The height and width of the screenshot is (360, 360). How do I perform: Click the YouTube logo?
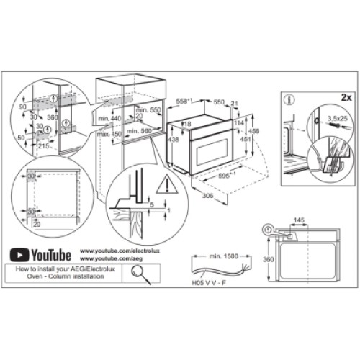pyautogui.click(x=40, y=254)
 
